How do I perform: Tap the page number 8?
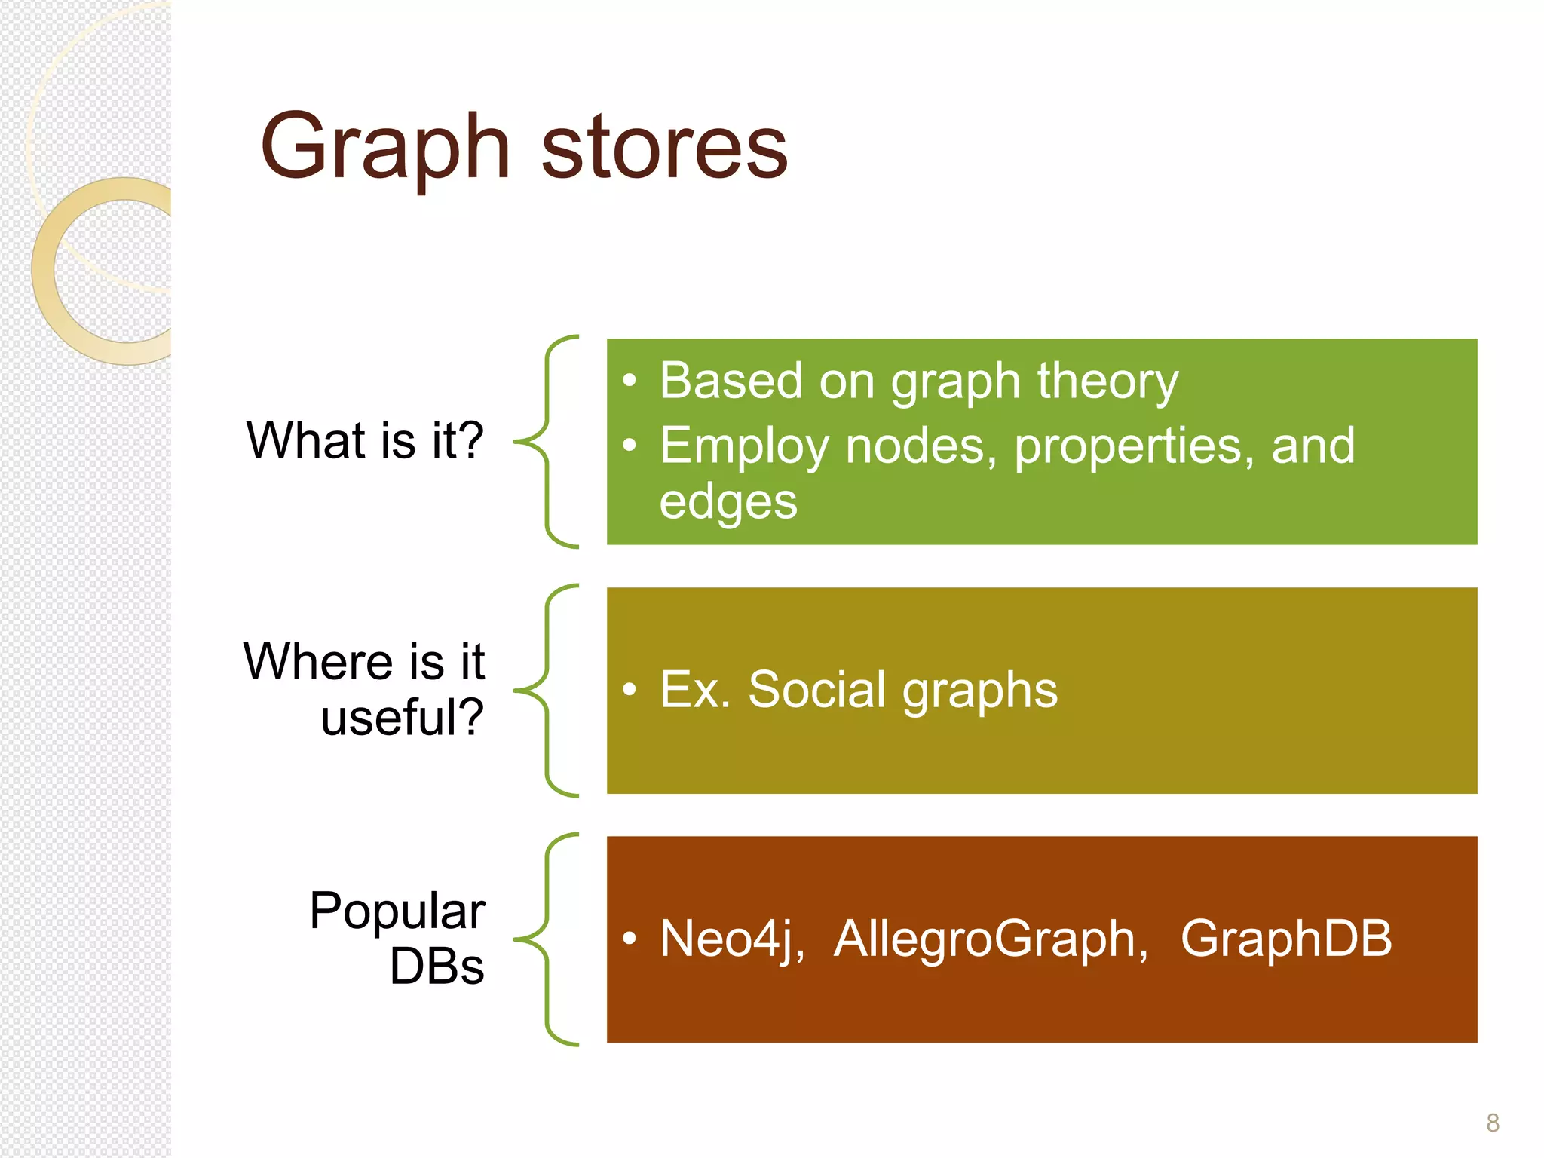(1492, 1123)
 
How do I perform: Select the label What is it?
(365, 440)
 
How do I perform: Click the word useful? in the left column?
(402, 717)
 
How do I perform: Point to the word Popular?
(397, 911)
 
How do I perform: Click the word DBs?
(437, 967)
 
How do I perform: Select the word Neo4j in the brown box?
(728, 940)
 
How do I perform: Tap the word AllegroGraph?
(990, 940)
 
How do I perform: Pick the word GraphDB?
(1285, 939)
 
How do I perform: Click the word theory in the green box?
(1107, 381)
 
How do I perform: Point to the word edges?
(728, 503)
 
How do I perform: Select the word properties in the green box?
(1133, 446)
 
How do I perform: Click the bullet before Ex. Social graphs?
(630, 689)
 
